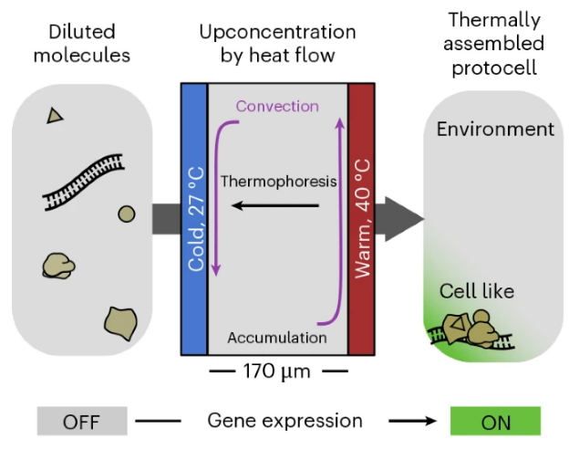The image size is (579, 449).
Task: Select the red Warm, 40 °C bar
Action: (362, 219)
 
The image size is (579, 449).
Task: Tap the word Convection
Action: (277, 106)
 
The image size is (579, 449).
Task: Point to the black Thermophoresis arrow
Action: (274, 206)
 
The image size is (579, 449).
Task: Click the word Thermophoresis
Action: (279, 181)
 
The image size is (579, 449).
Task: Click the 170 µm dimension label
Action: (278, 371)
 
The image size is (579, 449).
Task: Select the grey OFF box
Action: (81, 421)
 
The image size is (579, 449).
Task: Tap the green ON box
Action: (496, 421)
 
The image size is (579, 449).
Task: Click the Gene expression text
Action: (285, 421)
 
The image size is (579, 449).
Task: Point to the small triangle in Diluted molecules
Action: (56, 115)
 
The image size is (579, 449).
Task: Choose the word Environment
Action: (495, 129)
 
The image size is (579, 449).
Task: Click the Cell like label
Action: (477, 291)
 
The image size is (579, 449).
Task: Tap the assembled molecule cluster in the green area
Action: (470, 329)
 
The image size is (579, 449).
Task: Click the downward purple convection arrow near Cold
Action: (216, 201)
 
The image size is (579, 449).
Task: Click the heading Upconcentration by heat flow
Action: (277, 43)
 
